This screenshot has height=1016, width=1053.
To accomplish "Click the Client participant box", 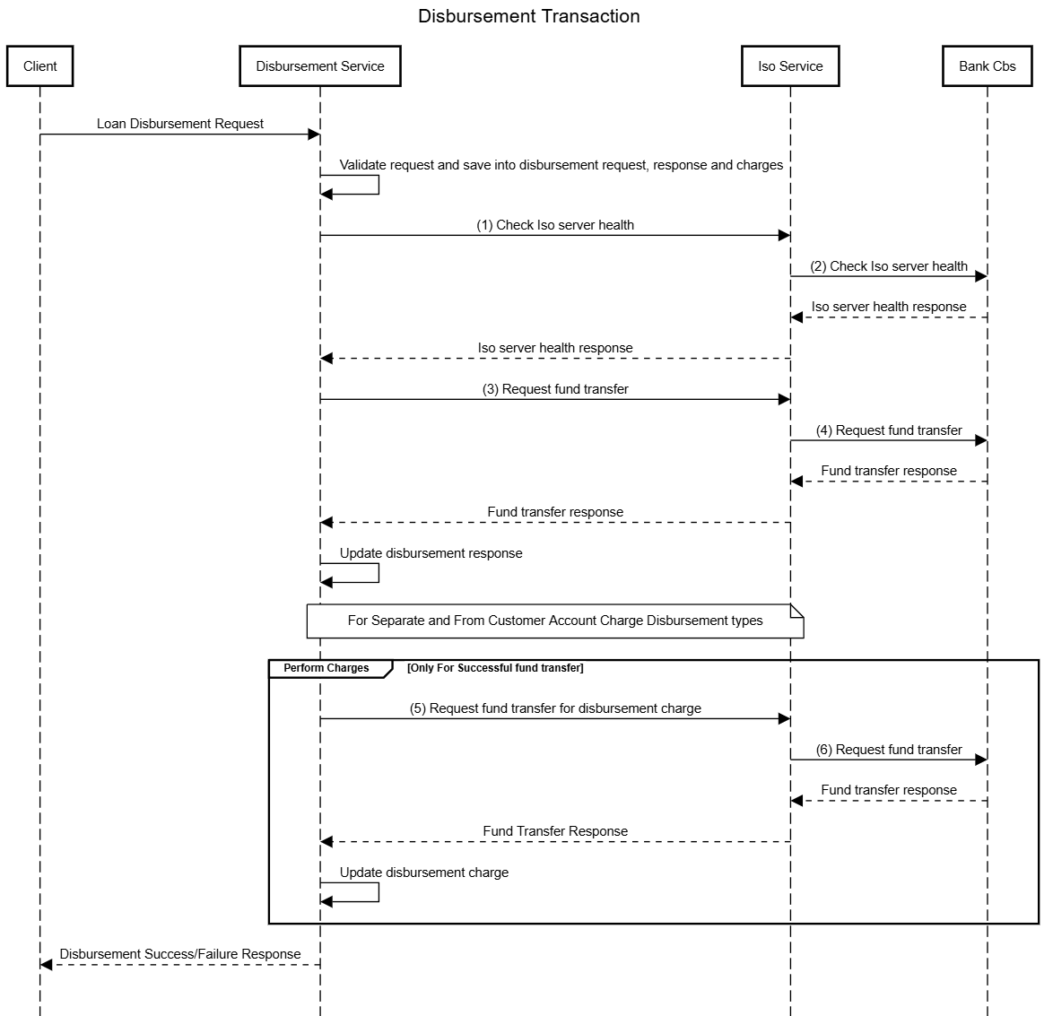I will (x=39, y=66).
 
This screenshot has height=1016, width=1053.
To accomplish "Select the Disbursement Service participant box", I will (x=319, y=66).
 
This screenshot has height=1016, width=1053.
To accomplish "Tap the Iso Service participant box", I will (x=789, y=66).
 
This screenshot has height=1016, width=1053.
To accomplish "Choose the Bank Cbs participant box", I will (x=987, y=66).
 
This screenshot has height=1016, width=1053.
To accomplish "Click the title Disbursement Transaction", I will (x=528, y=16).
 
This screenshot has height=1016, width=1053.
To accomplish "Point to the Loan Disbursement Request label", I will (x=180, y=124).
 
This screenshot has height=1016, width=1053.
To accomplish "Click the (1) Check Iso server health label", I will (x=554, y=225).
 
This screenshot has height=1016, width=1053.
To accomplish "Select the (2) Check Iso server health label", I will (x=888, y=266).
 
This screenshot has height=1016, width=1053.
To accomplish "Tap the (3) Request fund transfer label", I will (x=554, y=389).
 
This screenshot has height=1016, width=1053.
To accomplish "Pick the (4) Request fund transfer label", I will (x=888, y=430).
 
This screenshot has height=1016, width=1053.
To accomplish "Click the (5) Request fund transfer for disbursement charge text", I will (x=554, y=708).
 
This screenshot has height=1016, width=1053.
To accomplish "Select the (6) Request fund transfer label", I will (x=888, y=750).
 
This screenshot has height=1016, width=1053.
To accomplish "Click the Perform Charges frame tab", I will (x=326, y=668).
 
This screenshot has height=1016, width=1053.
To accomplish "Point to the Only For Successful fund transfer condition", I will (x=495, y=668).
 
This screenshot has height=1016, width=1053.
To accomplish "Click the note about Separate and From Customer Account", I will (x=554, y=621).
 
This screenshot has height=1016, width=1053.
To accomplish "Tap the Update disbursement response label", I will (x=431, y=553).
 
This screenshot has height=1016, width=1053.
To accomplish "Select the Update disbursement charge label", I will (x=423, y=873).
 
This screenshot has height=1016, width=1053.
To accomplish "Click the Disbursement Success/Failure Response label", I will (x=180, y=954).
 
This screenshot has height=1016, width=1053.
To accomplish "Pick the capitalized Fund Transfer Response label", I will (x=554, y=831).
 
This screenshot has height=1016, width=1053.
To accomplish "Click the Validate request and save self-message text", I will (x=561, y=165).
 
